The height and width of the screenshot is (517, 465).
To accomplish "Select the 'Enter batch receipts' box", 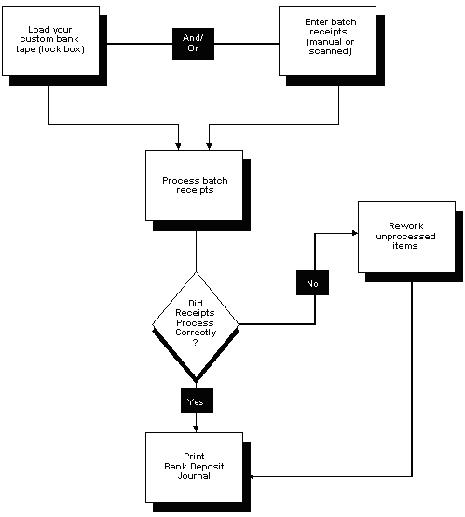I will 327,42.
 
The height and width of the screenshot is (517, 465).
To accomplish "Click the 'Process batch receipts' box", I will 194,185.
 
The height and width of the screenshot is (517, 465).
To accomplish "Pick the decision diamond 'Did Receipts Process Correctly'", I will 195,324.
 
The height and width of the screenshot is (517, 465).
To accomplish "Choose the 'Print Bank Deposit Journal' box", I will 194,467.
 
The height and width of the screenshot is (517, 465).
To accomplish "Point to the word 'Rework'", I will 406,225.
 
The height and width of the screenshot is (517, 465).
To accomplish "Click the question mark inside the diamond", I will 195,342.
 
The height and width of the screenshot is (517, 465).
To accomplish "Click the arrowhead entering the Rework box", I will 355,233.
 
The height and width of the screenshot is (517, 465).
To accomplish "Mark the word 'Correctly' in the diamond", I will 195,332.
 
